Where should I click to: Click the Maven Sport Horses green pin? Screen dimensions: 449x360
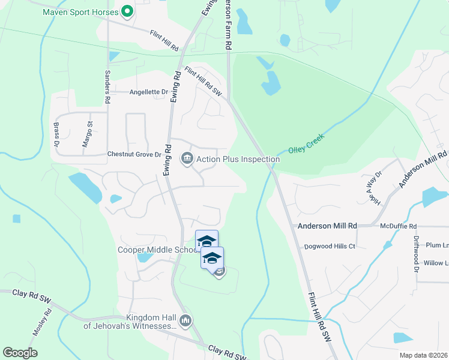pos(127,11)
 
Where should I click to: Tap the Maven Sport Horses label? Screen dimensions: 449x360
pos(81,11)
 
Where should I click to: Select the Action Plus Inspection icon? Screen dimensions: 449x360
pos(187,159)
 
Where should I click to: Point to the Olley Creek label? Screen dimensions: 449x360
pos(306,143)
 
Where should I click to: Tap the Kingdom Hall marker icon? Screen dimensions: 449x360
pos(186,322)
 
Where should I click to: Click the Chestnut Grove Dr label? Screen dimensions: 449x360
pos(134,154)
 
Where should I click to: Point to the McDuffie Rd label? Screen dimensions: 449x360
pos(398,226)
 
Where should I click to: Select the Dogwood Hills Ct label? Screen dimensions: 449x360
pos(330,246)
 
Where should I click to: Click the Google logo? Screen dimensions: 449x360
pos(20,352)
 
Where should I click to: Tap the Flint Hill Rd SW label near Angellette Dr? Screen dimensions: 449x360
pos(203,82)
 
